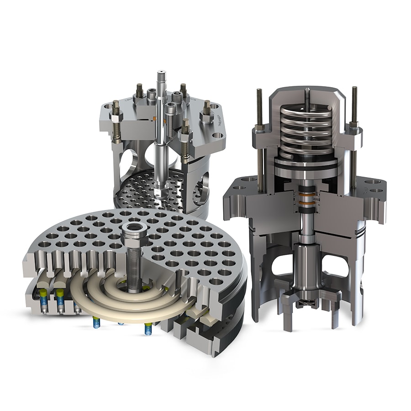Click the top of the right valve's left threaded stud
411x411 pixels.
pos(259,91)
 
